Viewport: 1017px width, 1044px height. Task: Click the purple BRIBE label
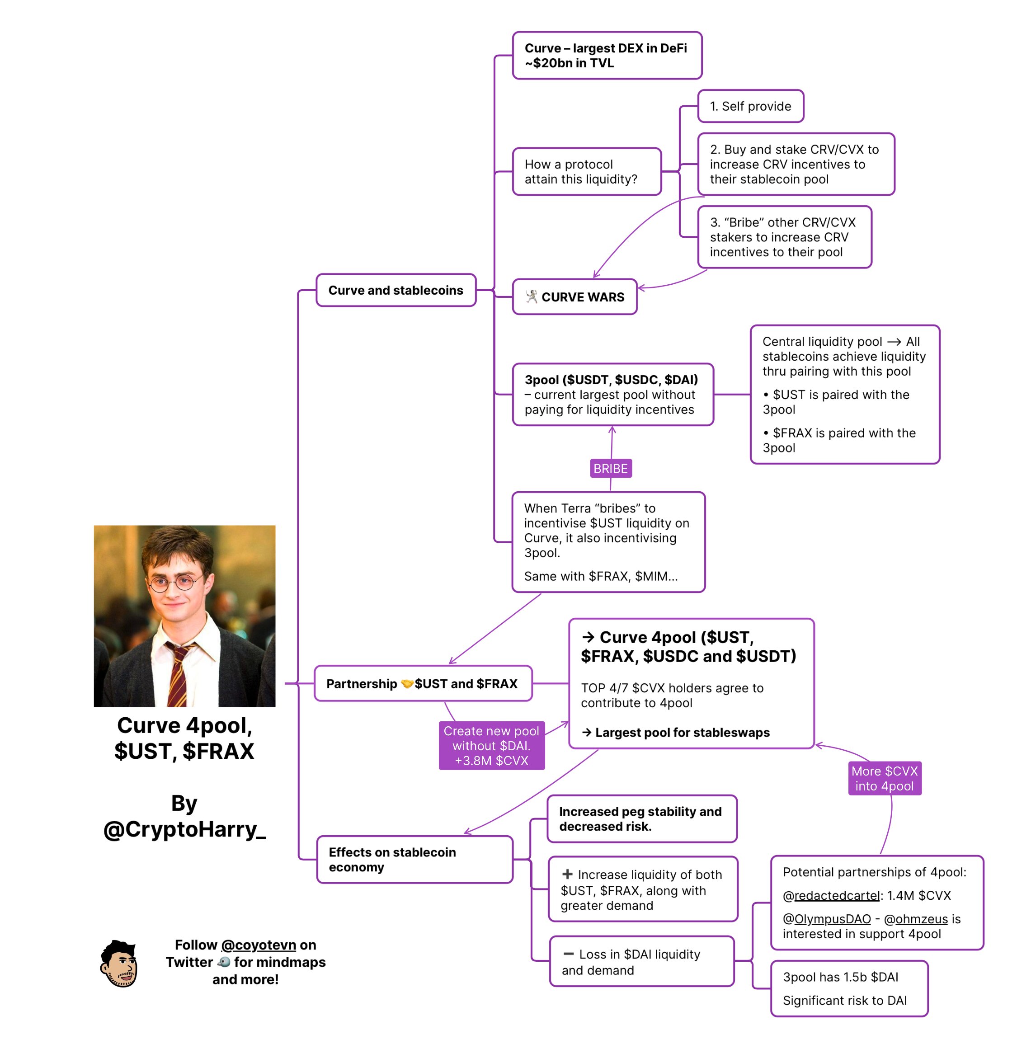point(611,468)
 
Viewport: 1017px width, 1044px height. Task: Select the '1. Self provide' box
point(750,106)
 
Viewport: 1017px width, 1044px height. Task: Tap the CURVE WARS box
point(575,297)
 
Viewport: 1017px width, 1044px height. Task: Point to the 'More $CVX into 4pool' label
point(885,779)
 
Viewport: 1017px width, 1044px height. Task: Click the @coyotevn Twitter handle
point(259,945)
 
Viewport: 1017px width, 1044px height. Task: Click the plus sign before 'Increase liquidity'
point(567,874)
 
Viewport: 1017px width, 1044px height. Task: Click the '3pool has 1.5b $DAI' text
point(840,977)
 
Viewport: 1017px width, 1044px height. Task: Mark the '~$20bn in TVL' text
point(570,63)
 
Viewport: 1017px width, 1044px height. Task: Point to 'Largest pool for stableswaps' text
point(682,732)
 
